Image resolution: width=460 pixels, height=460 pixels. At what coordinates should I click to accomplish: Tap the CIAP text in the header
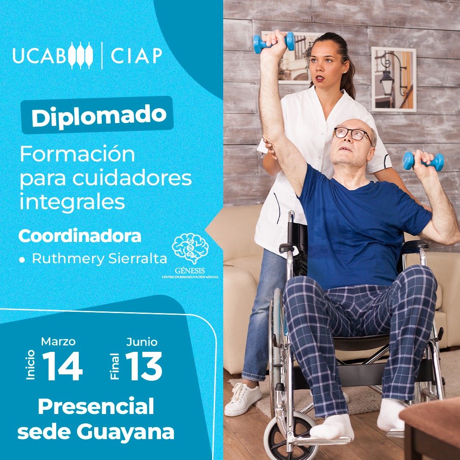point(136,55)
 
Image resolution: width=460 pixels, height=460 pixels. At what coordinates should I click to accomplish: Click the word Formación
point(77,155)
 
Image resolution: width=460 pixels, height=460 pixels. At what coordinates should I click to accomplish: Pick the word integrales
point(72,201)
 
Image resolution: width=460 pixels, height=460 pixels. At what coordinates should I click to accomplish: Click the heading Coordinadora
point(80,237)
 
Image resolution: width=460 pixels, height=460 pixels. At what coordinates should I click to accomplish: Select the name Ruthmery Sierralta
point(99,259)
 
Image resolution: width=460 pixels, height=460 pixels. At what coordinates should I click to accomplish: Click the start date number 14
point(62,367)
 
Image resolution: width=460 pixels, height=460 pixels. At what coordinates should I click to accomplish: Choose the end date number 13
point(144,367)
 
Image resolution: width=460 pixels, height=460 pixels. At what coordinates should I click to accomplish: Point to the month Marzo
point(58,342)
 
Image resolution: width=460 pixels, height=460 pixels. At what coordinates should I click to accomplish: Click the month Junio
point(142,342)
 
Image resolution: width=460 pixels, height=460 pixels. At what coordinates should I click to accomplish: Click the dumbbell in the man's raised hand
point(274,42)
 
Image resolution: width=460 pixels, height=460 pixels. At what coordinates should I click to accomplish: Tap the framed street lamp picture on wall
point(394,79)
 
